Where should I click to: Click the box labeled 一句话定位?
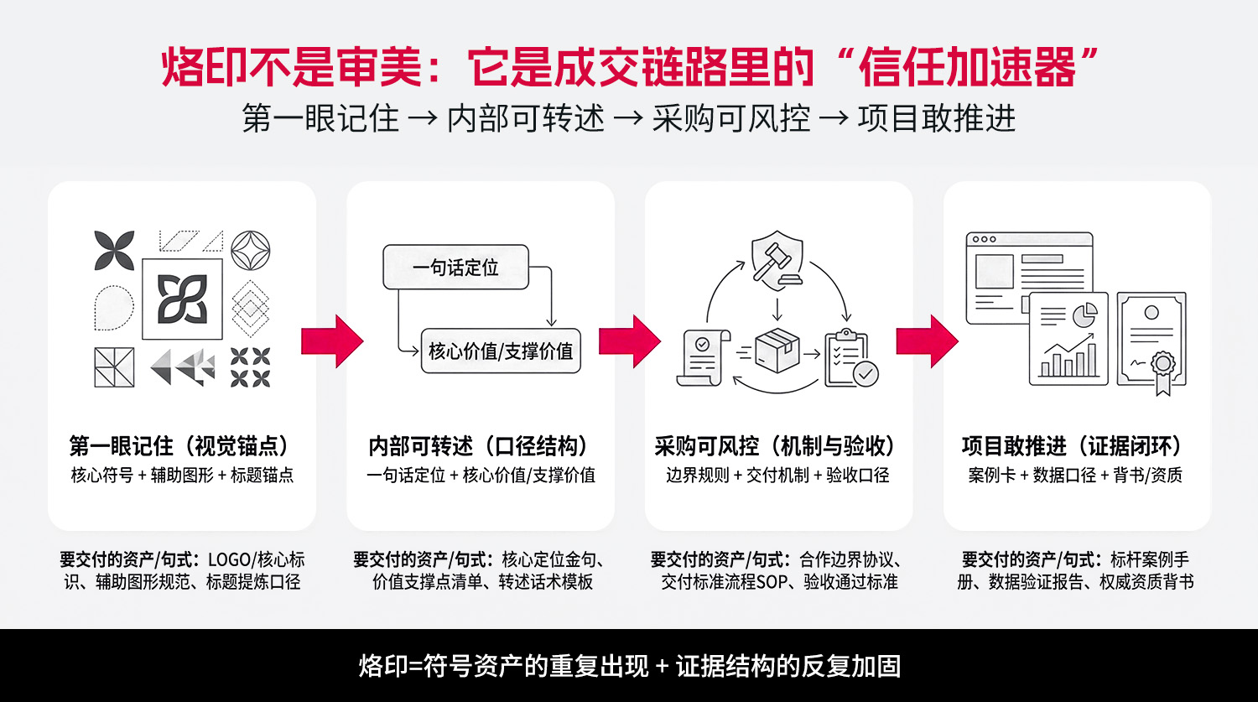coord(455,268)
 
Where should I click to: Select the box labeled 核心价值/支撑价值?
coord(501,351)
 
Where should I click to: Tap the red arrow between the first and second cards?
coord(332,341)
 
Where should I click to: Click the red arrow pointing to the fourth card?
coord(928,341)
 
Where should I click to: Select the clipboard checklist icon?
coord(850,359)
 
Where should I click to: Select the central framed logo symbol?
coord(182,299)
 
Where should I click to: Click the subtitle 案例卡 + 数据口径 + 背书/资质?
coord(1076,476)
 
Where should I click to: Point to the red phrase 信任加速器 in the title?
coord(968,67)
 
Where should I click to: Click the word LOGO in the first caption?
coord(229,559)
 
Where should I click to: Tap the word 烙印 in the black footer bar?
coord(383,666)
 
